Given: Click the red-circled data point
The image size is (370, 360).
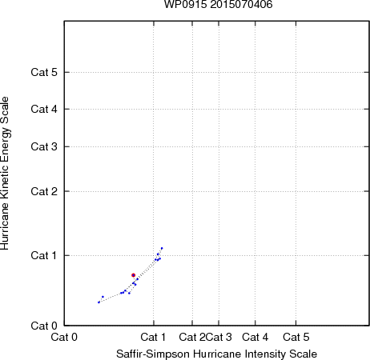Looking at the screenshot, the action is point(134,275).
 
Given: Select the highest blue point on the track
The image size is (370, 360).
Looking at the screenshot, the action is point(162,248).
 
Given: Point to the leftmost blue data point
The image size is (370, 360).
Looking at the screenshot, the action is point(99,302).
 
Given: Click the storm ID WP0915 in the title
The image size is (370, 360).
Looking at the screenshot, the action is point(186,5).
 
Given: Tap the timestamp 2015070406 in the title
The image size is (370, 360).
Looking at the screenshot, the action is point(241,5).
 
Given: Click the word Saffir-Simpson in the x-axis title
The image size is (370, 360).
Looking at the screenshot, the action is point(153,354).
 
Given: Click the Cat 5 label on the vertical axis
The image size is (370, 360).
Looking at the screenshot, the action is point(44,72).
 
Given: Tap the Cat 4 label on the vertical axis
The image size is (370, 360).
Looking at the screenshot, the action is point(44,109).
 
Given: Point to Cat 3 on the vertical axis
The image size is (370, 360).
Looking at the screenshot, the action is point(44,146).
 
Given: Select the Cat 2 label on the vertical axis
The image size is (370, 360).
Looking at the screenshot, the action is point(44,191).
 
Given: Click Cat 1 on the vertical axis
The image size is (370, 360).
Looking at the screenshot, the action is point(44,255).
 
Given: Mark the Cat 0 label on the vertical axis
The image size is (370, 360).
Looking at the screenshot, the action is point(44,326).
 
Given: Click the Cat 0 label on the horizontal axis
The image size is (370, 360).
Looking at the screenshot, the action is point(64,337).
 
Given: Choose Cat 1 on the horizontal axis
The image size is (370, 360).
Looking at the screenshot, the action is point(153,337).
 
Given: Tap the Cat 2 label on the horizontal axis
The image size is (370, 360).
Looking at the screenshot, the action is point(192,337).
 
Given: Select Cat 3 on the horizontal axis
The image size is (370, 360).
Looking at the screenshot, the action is point(219,337).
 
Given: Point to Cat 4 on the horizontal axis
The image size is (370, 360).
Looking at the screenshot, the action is point(255,337).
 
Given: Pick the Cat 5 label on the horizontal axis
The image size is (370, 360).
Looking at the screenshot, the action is point(296,337).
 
